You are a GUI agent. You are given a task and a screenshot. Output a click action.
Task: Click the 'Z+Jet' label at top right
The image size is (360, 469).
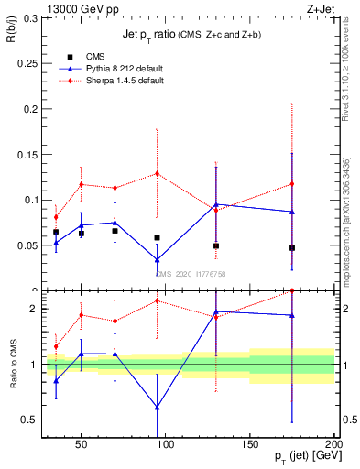(x=321, y=8)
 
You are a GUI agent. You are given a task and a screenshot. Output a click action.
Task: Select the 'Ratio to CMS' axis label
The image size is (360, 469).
(x=12, y=364)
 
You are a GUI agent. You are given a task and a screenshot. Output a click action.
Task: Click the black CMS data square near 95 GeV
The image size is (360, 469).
(x=158, y=237)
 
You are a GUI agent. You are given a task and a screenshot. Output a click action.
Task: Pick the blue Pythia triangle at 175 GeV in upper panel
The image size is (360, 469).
(x=292, y=212)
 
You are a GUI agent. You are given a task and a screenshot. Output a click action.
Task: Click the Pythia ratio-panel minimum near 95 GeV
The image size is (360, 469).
(x=158, y=408)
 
